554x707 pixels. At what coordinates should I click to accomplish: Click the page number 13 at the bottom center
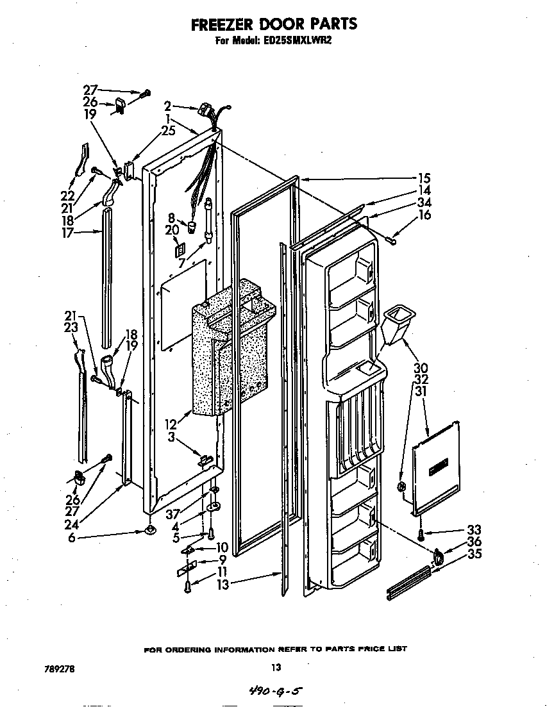[x=276, y=667]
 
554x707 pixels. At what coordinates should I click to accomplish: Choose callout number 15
[x=424, y=178]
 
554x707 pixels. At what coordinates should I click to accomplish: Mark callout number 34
[x=424, y=203]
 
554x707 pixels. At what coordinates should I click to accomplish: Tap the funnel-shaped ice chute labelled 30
[x=396, y=323]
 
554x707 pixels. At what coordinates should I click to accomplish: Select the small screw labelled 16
[x=393, y=238]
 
